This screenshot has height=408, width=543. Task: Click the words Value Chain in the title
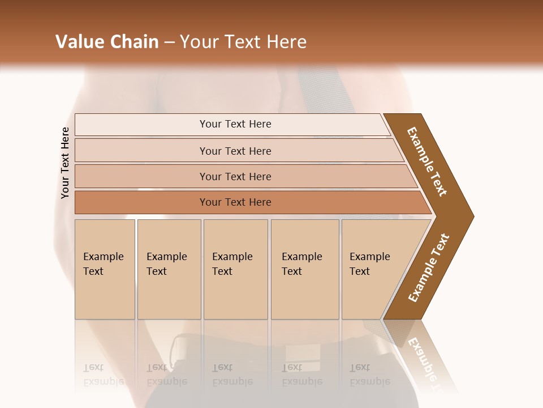pos(107,42)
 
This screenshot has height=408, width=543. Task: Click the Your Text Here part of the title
pos(243,42)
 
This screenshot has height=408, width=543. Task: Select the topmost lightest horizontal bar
pos(235,124)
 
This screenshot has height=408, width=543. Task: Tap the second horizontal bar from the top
pos(235,151)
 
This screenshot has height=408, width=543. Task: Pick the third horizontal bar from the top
pos(235,176)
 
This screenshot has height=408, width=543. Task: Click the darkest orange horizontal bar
pos(235,202)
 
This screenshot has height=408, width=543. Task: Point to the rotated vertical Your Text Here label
pos(65,163)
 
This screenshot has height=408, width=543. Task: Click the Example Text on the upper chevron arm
pos(428,162)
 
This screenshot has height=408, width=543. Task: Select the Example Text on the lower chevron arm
pos(429,268)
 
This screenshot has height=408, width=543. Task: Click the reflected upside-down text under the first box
pos(104,375)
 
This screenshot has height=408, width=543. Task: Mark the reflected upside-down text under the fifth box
pos(369,375)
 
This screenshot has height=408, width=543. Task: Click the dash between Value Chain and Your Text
pos(169,42)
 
